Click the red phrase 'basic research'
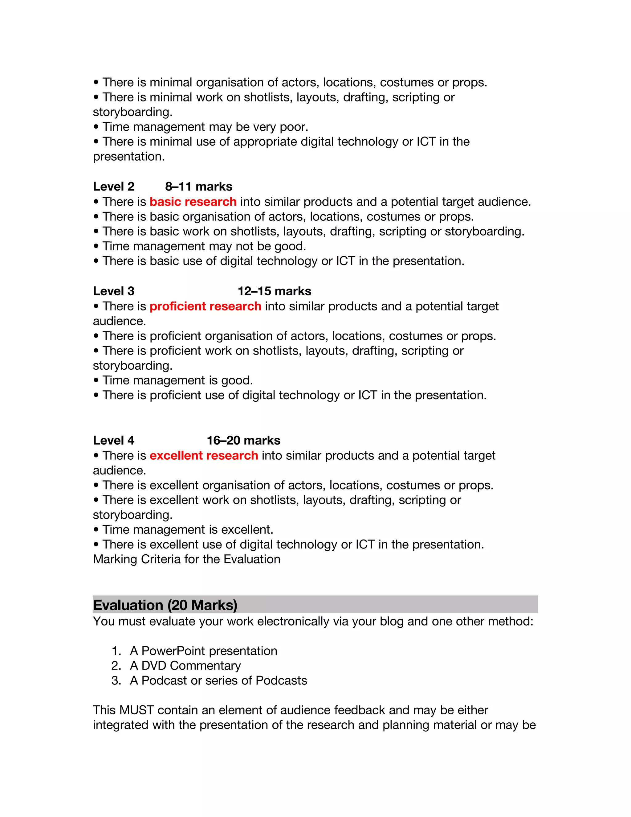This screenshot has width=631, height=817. tap(193, 202)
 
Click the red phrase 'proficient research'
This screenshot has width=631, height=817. tap(205, 306)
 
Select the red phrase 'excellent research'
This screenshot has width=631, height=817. tap(204, 455)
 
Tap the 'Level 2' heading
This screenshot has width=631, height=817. tap(114, 186)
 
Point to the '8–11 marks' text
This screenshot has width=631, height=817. tap(198, 186)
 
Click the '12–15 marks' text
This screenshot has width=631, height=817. tap(275, 291)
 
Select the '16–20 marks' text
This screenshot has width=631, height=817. tap(243, 440)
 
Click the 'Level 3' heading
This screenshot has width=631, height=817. tap(114, 291)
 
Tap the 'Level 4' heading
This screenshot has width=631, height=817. tap(114, 440)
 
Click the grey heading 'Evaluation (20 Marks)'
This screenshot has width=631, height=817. tap(165, 605)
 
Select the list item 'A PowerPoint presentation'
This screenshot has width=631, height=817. tap(203, 651)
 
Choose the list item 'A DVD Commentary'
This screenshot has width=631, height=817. tap(185, 666)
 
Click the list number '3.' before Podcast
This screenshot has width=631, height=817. tap(116, 680)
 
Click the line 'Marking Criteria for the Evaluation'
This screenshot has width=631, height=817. tap(186, 559)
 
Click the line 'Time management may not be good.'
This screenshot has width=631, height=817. tap(204, 246)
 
